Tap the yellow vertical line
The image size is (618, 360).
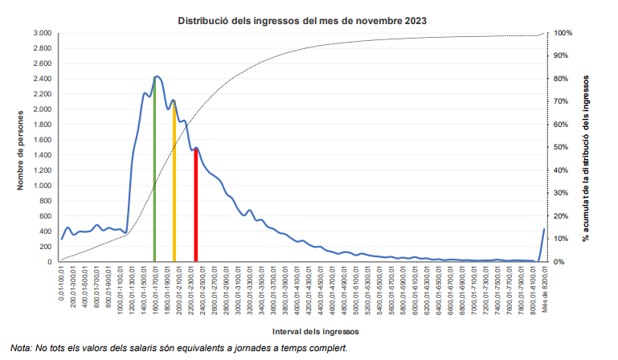(x=174, y=185)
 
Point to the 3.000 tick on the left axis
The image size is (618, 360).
(x=43, y=33)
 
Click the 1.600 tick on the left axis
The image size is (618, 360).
(x=43, y=140)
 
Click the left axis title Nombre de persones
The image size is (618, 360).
(x=19, y=148)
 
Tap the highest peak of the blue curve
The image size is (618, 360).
(x=157, y=76)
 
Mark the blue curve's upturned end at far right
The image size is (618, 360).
(x=544, y=231)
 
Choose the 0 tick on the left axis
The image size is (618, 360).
(x=50, y=262)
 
